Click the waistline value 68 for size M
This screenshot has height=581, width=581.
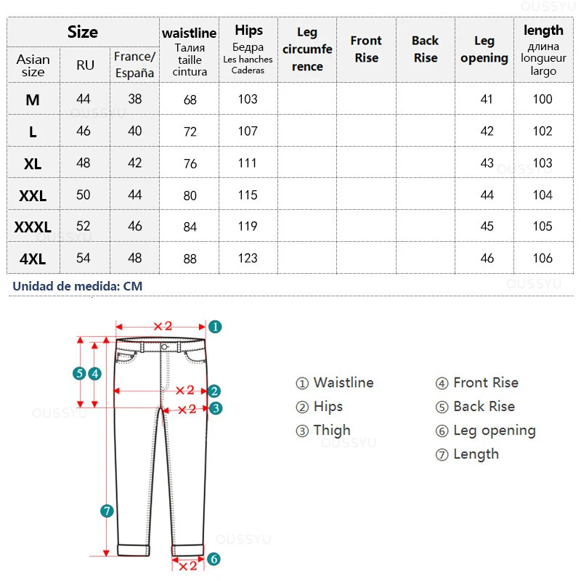190,100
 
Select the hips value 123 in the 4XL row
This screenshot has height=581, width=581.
248,258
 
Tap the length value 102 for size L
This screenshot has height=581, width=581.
543,131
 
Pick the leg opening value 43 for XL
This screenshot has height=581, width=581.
487,163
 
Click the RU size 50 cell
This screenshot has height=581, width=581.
84,195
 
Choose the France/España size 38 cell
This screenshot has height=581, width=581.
135,99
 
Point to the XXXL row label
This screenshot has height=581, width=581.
33,227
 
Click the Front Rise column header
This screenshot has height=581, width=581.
366,49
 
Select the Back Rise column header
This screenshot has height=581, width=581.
426,49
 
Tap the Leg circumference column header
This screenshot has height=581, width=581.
307,49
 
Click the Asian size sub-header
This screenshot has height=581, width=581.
33,65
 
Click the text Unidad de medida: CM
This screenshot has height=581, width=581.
77,286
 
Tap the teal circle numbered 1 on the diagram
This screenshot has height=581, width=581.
215,327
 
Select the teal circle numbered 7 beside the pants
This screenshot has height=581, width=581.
107,511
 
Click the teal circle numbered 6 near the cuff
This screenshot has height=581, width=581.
214,558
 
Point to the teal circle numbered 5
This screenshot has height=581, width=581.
79,374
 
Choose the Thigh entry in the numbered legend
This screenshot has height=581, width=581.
323,431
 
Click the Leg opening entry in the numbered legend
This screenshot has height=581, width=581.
486,431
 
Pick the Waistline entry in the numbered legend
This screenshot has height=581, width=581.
335,383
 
